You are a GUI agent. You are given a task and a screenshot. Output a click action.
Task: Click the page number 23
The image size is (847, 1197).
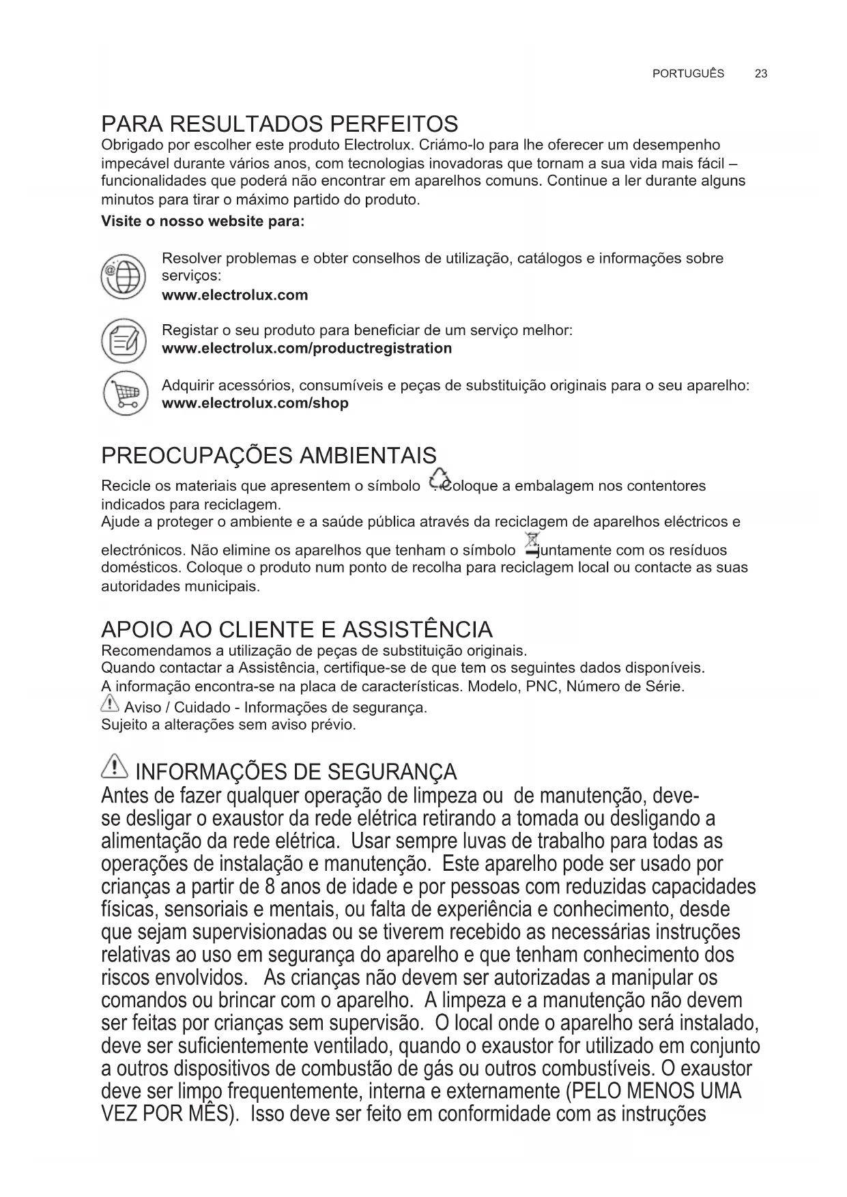pyautogui.click(x=761, y=74)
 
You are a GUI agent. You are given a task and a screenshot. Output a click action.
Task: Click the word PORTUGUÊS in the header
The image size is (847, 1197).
pyautogui.click(x=688, y=74)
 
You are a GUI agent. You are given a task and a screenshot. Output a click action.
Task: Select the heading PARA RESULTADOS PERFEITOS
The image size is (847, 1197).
pyautogui.click(x=279, y=124)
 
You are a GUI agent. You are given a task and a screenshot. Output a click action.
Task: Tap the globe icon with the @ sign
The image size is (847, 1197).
pyautogui.click(x=123, y=277)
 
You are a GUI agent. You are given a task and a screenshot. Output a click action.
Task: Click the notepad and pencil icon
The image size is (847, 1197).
pyautogui.click(x=124, y=340)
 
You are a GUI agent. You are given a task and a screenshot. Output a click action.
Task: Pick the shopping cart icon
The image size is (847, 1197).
pyautogui.click(x=124, y=394)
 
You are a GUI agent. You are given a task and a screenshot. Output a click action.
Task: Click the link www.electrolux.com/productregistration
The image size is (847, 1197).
pyautogui.click(x=306, y=349)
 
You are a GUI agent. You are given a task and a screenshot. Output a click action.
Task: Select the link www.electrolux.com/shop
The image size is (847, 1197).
pyautogui.click(x=255, y=403)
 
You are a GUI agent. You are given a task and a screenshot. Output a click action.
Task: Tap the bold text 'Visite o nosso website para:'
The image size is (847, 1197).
pyautogui.click(x=203, y=222)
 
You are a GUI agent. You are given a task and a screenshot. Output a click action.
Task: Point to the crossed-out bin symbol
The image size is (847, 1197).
pyautogui.click(x=530, y=544)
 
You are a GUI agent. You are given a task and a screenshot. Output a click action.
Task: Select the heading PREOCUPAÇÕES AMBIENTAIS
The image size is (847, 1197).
pyautogui.click(x=268, y=455)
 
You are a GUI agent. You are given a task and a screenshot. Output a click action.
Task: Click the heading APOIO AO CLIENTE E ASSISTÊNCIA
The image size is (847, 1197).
pyautogui.click(x=296, y=629)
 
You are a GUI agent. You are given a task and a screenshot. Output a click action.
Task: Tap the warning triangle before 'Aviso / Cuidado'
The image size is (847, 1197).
pyautogui.click(x=109, y=706)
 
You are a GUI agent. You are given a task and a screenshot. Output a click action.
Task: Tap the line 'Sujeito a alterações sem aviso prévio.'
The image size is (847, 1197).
pyautogui.click(x=228, y=725)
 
